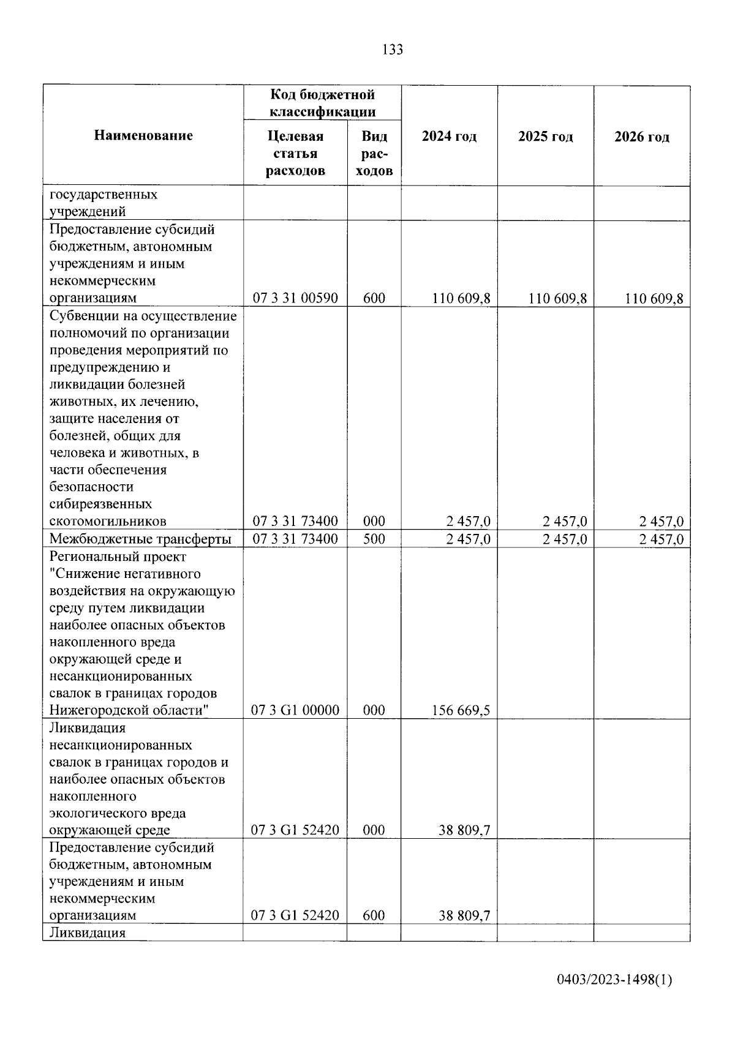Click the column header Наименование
pos(143,136)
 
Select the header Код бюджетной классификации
pos(322,103)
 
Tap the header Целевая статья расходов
pos(295,153)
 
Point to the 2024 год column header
pos(449,137)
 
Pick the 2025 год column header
pos(545,137)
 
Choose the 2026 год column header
pos(641,137)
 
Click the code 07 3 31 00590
pos(295,298)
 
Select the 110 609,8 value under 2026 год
pos(654,299)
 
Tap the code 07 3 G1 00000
pos(295,710)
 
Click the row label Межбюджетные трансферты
pos(140,539)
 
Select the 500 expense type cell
pos(374,539)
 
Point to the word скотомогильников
pos(108,522)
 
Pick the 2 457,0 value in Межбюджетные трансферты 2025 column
pos(564,539)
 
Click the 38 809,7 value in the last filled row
pos(464,916)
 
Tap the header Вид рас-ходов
pos(374,153)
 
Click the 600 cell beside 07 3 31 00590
pos(374,298)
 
